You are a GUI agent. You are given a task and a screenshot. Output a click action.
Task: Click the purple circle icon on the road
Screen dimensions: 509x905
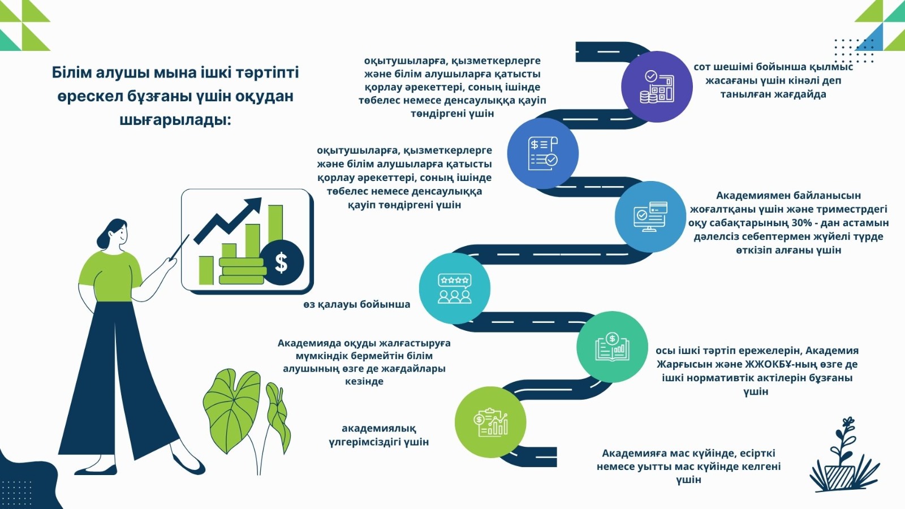657,87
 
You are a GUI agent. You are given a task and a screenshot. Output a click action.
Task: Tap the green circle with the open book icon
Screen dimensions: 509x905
612,347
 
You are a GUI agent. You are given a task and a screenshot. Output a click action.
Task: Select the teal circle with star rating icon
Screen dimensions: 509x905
454,288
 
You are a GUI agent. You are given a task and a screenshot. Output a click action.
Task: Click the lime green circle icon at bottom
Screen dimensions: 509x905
490,422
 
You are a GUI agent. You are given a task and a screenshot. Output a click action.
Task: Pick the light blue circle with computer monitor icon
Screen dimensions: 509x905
650,217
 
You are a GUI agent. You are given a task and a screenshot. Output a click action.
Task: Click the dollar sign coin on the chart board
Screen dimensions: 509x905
281,262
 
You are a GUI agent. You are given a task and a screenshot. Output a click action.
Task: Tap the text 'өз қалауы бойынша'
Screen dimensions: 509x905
356,304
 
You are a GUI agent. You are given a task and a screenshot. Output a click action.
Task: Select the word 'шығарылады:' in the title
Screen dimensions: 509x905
175,120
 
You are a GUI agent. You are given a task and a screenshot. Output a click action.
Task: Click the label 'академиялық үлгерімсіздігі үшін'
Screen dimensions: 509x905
378,435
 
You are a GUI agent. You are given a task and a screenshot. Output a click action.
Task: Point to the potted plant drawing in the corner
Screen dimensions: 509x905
843,458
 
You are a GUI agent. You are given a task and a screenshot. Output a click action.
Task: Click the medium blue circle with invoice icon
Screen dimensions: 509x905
542,153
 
